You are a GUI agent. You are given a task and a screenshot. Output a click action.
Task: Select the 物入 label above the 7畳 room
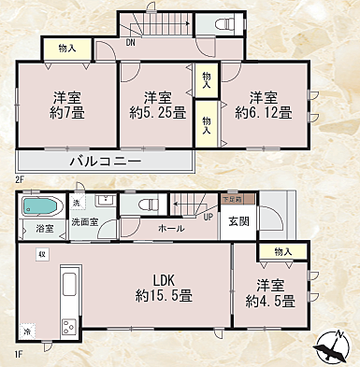[x=66, y=48]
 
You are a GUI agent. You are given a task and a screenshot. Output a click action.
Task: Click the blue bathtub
[x=40, y=205]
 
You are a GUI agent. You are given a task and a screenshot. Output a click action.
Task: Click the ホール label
[x=170, y=228]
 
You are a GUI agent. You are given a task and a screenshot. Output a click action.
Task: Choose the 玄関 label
[x=238, y=221]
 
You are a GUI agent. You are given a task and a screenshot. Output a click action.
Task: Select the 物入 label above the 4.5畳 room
[x=283, y=252]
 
